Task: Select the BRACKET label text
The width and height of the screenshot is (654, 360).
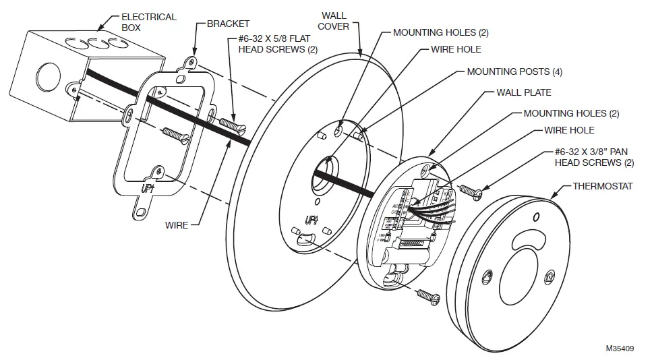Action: click(x=228, y=24)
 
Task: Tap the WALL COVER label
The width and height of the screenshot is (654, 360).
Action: click(x=334, y=21)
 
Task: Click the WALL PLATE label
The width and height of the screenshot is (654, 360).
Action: click(x=524, y=92)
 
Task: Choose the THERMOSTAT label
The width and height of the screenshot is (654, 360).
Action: click(x=602, y=186)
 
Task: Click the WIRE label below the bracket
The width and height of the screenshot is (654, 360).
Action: click(x=177, y=225)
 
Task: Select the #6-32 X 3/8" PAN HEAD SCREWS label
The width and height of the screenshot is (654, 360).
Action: click(x=594, y=157)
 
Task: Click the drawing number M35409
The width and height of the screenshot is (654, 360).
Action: click(x=620, y=349)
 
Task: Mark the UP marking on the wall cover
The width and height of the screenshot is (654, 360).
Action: click(x=311, y=219)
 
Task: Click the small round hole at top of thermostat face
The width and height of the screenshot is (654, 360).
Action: click(x=536, y=217)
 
